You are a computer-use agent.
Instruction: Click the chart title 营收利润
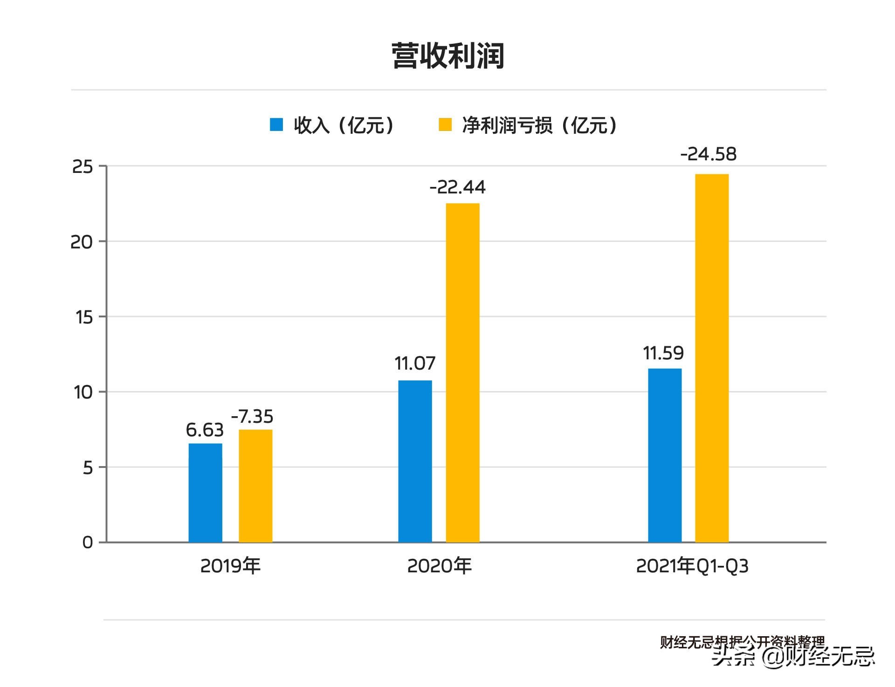[x=447, y=56]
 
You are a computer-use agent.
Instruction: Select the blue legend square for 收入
[x=276, y=124]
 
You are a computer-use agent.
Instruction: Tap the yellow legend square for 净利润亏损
[x=445, y=124]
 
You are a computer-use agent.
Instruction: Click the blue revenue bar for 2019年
[x=205, y=493]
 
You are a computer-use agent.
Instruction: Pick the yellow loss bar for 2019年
[x=255, y=486]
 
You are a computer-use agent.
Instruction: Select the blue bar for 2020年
[x=415, y=461]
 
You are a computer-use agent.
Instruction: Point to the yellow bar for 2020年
[x=462, y=373]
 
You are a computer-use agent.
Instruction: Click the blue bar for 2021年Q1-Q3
[x=665, y=455]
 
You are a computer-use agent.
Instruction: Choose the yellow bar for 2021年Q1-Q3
[x=712, y=358]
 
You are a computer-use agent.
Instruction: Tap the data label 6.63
[x=205, y=430]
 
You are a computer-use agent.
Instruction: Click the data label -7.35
[x=252, y=416]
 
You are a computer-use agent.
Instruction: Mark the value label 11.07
[x=415, y=364]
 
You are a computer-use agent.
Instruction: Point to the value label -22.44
[x=457, y=187]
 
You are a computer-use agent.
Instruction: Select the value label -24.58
[x=709, y=154]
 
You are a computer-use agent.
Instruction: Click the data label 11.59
[x=663, y=353]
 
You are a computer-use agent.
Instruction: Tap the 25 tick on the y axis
[x=83, y=167]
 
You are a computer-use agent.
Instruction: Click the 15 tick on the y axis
[x=84, y=317]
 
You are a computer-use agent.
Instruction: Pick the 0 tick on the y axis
[x=88, y=543]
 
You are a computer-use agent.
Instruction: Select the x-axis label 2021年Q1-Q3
[x=692, y=566]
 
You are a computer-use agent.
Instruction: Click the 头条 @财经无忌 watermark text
[x=792, y=656]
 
